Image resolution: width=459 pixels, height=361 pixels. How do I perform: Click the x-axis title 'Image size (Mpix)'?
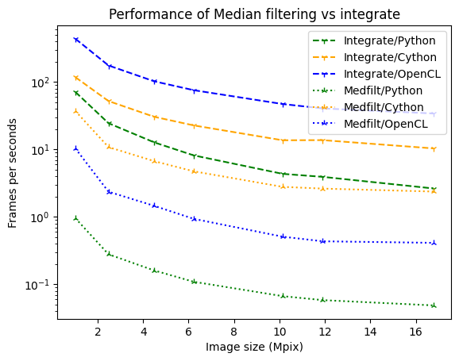click(x=254, y=347)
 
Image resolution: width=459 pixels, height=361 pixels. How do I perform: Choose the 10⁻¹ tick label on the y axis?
click(x=40, y=285)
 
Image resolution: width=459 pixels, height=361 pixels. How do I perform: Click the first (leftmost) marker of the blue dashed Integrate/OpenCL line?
click(x=75, y=39)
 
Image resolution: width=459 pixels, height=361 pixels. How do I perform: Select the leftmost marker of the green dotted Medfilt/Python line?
click(x=75, y=218)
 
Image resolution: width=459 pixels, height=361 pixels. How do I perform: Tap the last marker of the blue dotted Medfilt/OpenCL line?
click(x=434, y=243)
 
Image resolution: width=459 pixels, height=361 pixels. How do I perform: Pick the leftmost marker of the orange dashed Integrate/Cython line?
click(x=75, y=78)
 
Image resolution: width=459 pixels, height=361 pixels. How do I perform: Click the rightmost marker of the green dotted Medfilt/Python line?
click(x=434, y=305)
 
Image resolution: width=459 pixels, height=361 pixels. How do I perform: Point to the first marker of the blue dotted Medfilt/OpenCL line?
click(x=75, y=148)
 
